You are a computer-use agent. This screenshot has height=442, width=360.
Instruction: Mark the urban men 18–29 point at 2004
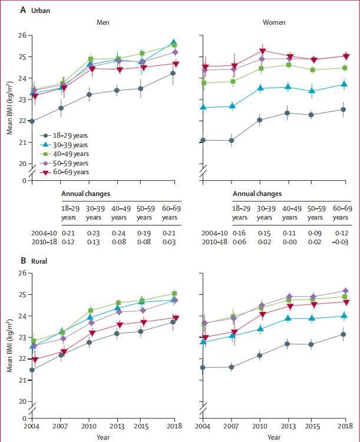32,121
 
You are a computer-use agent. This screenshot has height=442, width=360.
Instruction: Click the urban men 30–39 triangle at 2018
174,42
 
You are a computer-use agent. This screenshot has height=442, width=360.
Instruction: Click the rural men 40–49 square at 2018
174,293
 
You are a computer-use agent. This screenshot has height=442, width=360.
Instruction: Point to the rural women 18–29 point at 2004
204,367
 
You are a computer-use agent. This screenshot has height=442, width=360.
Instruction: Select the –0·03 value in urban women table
342,242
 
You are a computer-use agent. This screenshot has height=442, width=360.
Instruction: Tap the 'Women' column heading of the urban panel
273,22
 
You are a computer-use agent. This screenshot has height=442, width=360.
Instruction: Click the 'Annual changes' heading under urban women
257,194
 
